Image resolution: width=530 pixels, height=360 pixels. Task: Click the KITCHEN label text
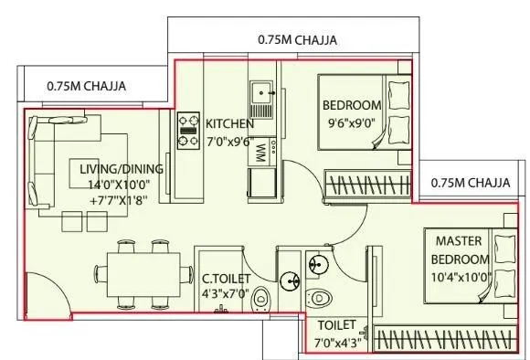[x=229, y=123]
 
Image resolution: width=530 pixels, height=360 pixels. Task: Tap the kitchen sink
[x=262, y=92]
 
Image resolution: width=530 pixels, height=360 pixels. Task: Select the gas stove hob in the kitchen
[x=188, y=130]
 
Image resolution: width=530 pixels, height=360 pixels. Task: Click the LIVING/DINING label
[x=121, y=169]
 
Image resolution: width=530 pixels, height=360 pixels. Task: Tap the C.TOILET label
[x=226, y=280]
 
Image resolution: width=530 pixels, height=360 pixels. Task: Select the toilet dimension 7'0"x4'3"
[x=337, y=342]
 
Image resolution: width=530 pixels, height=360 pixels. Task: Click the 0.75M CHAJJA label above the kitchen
[x=297, y=40]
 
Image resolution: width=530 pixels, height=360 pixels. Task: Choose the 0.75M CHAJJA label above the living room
[x=86, y=87]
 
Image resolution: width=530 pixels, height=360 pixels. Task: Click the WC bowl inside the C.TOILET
[x=260, y=298]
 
